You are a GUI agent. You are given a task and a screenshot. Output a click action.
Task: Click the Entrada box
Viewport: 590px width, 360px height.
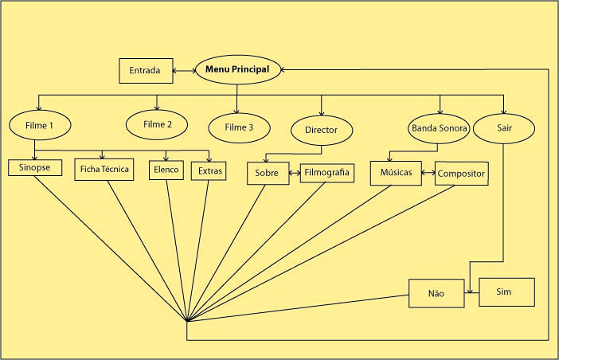coord(145,71)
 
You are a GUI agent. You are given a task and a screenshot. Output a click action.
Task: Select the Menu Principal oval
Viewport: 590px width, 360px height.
coord(237,70)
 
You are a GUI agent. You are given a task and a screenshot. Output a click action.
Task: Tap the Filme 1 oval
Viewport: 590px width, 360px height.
coord(40,124)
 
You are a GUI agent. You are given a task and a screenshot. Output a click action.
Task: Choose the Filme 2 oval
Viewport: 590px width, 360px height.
coord(157,124)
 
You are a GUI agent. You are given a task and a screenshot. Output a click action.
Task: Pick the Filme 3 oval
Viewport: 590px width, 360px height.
coord(238,127)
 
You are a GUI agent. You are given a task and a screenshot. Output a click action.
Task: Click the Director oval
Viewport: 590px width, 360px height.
coord(321,128)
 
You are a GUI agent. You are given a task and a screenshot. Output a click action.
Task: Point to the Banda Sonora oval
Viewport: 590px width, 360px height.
coord(439,127)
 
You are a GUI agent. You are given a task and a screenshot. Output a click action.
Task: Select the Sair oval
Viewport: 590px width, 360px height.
coord(503,127)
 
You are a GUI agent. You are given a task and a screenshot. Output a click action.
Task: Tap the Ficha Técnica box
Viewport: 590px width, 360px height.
coord(104,170)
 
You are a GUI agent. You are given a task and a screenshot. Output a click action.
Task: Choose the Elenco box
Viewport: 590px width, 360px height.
coord(166,170)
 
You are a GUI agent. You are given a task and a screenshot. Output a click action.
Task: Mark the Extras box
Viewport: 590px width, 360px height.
coord(209,170)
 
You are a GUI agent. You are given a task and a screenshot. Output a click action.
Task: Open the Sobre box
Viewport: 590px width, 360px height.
coord(267,173)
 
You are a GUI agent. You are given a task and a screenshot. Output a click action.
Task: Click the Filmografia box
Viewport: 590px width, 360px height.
coord(325,172)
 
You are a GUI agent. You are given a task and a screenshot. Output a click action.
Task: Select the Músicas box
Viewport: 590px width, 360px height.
coord(396,173)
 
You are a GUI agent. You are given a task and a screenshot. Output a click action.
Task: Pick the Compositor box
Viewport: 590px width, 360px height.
coord(461,173)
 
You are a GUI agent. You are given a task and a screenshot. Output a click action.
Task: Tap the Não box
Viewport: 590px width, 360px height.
coord(436,293)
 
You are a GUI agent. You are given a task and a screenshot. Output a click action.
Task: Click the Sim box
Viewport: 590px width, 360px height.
coord(503,292)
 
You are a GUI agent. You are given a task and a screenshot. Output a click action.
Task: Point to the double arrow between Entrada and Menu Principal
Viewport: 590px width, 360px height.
coord(183,71)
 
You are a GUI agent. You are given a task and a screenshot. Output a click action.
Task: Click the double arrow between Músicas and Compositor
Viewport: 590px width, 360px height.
coord(428,173)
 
